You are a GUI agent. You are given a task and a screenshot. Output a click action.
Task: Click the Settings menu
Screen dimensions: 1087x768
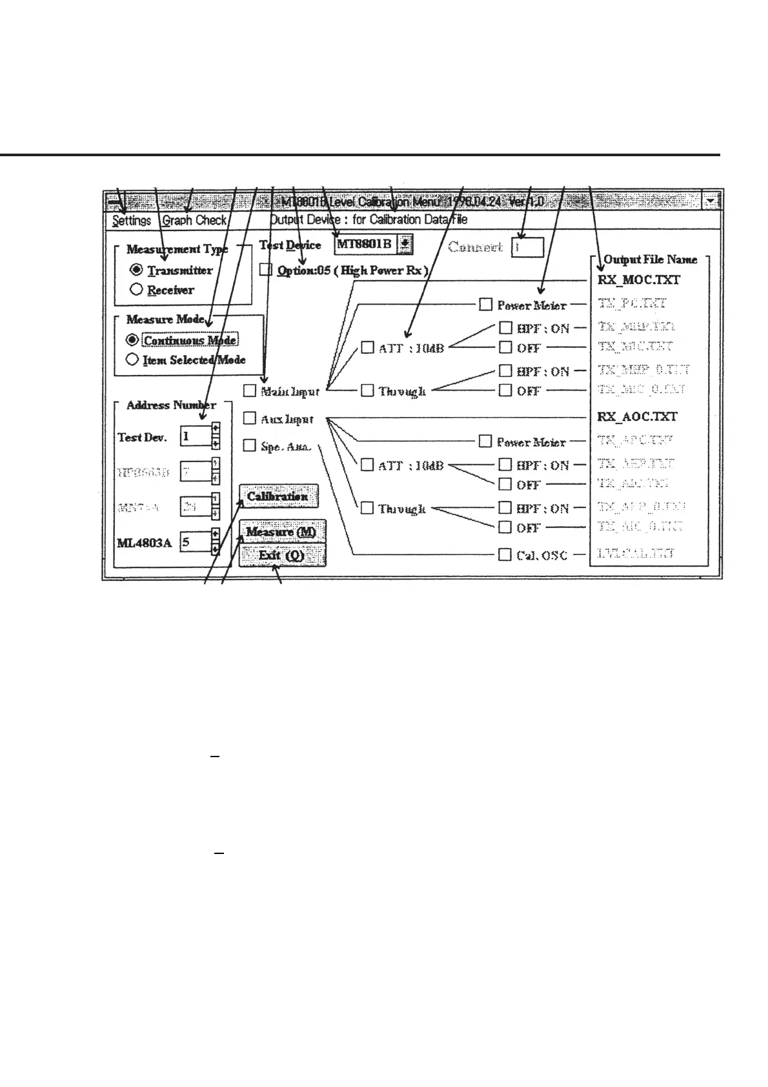pos(132,221)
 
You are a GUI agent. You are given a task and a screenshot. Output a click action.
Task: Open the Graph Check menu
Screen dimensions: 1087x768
pos(194,221)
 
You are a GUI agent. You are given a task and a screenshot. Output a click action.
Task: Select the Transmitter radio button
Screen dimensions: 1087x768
pos(136,270)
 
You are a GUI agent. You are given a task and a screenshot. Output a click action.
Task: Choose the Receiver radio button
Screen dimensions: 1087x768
pos(136,290)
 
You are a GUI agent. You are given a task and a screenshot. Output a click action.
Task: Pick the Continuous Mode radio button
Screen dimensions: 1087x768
pos(132,340)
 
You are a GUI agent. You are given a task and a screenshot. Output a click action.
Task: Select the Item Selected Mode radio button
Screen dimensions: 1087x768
pos(132,360)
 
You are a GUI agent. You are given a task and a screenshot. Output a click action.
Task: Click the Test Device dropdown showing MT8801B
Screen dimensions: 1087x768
pos(373,244)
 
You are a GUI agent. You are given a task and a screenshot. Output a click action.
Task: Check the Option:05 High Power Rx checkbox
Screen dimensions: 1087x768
pos(266,270)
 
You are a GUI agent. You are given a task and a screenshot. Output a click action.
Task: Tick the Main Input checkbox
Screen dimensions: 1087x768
pos(249,391)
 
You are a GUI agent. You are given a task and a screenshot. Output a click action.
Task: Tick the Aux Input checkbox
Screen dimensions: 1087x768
pos(249,418)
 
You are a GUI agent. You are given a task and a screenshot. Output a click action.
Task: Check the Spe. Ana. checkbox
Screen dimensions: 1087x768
pos(249,445)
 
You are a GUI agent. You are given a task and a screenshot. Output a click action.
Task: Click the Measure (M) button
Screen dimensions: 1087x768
pos(281,532)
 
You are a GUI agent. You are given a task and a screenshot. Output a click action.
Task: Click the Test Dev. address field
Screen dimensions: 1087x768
pos(196,436)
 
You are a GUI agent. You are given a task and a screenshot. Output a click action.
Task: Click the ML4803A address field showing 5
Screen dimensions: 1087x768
pos(196,542)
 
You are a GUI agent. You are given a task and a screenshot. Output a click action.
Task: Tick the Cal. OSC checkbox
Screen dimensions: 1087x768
pos(505,554)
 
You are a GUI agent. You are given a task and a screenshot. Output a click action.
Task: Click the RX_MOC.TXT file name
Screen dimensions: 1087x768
pos(638,280)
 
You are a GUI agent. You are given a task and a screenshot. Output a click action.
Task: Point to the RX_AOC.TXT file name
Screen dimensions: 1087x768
pos(637,417)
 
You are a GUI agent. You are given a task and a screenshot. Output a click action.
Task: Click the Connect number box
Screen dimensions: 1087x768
pos(527,247)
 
